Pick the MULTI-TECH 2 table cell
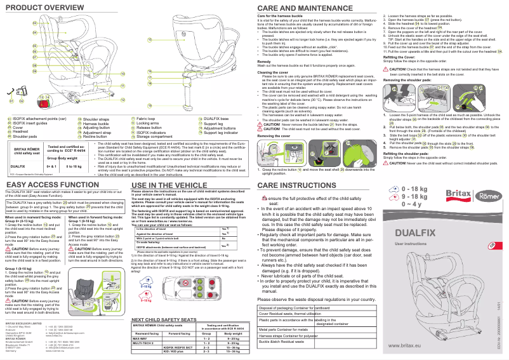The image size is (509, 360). (144, 343)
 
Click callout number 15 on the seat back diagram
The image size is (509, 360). (150, 39)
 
